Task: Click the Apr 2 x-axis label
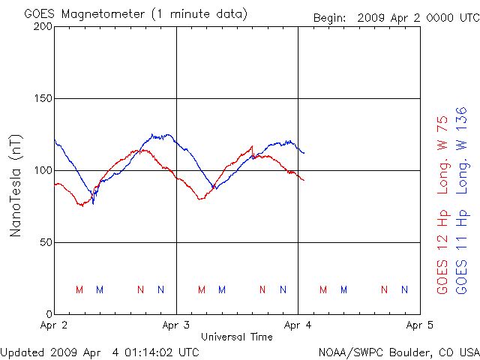55,325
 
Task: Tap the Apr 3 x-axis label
176,325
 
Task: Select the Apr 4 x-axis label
298,325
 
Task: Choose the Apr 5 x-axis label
418,325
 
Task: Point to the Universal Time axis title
236,337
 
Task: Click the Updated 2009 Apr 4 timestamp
100,351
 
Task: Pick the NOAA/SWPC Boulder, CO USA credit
398,351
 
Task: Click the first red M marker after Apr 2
79,289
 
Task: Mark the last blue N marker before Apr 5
405,289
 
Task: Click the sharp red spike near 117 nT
252,147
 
